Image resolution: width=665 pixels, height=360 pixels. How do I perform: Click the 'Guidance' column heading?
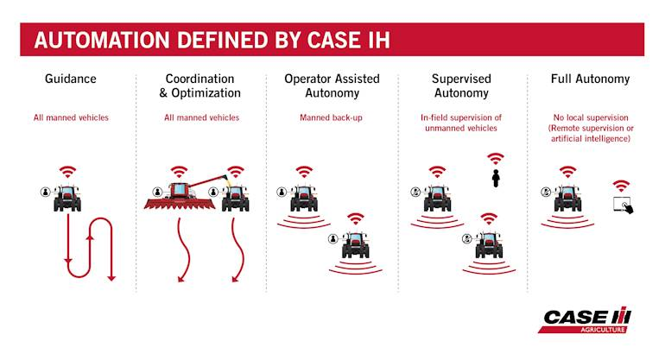point(71,79)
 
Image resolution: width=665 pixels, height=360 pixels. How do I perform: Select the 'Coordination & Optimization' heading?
point(199,85)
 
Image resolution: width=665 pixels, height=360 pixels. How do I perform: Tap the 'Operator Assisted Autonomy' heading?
point(332,85)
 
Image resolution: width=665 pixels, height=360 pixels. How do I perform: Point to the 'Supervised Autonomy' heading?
point(461,85)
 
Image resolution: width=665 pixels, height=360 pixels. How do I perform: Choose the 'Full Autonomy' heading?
point(591,79)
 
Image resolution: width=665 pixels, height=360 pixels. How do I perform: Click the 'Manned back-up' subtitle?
point(332,117)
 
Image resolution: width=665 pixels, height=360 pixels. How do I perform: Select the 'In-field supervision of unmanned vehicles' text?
point(461,123)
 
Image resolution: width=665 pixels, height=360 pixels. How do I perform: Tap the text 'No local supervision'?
point(591,117)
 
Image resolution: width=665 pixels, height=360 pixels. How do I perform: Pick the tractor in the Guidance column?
point(67,198)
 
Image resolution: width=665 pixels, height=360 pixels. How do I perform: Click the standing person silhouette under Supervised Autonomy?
point(496,178)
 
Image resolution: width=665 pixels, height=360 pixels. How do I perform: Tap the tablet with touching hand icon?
point(623,205)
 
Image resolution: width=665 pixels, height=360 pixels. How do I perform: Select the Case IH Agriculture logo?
point(586,319)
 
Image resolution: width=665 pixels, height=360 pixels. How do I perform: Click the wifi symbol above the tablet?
point(621,186)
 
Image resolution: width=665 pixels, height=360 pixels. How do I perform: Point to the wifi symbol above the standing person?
point(496,159)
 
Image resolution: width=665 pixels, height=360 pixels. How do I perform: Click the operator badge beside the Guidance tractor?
point(46,192)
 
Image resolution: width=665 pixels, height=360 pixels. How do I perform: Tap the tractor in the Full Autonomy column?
point(567,198)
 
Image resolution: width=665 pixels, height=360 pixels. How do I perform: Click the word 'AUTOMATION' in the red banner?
point(102,41)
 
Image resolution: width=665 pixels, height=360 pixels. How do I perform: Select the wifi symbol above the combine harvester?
point(179,172)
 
